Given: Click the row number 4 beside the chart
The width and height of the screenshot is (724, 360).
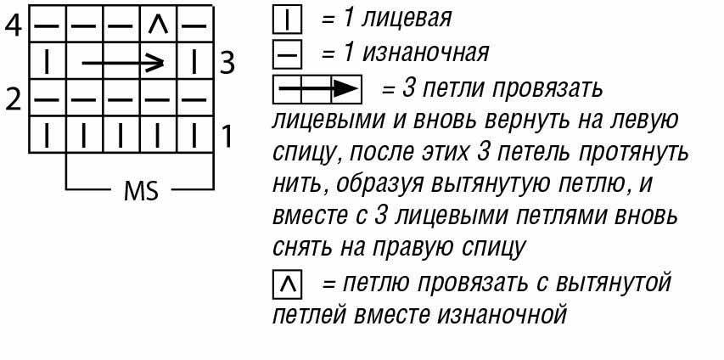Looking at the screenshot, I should [x=13, y=25].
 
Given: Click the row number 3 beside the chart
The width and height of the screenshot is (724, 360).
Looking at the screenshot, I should [x=226, y=63].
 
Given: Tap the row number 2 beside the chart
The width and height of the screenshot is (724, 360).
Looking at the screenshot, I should [x=13, y=99].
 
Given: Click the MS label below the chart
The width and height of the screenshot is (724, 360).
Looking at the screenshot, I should [x=141, y=191].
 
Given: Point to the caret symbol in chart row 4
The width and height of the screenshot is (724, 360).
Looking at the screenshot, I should [x=158, y=25].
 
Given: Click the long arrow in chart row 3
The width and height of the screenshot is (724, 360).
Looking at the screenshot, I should [x=122, y=62].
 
